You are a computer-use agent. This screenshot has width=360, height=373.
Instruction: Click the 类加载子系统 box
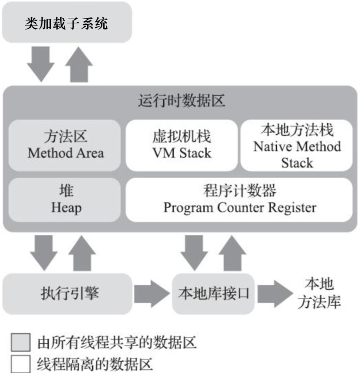coord(66,22)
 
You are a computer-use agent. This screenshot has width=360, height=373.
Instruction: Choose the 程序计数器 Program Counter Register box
coord(240,200)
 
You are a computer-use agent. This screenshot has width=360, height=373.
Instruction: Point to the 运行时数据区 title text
coord(181,102)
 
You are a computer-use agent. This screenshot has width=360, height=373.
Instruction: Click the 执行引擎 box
coord(66,294)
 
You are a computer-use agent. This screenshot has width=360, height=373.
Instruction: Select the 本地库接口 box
coord(214,294)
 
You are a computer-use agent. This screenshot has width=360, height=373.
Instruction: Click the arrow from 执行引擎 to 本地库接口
coord(152,294)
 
